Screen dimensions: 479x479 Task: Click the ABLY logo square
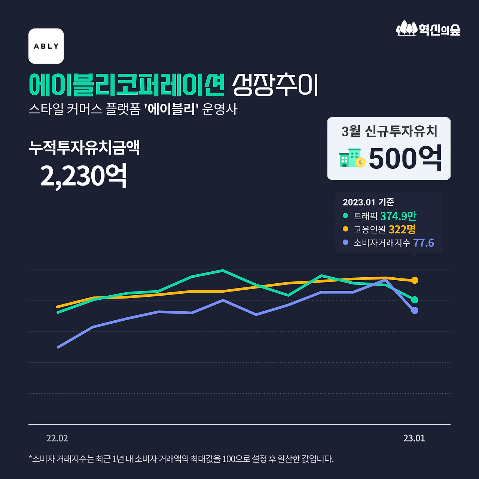(46, 46)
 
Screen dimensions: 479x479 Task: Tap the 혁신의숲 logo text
(439, 30)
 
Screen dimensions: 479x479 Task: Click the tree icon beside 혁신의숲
(406, 28)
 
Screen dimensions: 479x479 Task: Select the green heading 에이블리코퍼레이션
(126, 85)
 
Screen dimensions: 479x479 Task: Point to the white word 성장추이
(275, 85)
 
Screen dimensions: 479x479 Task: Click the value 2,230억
(83, 176)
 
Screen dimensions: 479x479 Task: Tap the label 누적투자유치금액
(84, 147)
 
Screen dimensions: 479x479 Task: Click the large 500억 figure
(405, 159)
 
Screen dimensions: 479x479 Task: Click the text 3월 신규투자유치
(389, 131)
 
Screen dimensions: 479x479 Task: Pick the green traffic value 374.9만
(398, 216)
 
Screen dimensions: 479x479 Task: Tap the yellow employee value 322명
(402, 229)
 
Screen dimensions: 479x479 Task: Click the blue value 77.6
(423, 243)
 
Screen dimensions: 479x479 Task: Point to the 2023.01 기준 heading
(369, 202)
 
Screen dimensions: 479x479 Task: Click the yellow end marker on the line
(415, 280)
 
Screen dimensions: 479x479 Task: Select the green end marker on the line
(415, 300)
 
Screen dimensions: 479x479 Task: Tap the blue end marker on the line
(415, 311)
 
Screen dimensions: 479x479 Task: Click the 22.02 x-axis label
(57, 438)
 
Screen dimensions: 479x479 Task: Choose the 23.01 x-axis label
(414, 438)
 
